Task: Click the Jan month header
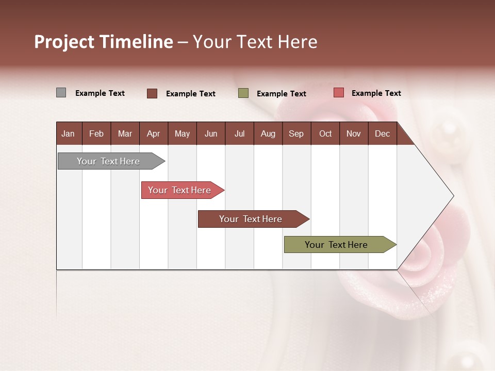(x=68, y=133)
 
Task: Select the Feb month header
(x=96, y=133)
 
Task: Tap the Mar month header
(x=125, y=133)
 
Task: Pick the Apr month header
(x=153, y=133)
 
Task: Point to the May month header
(x=182, y=133)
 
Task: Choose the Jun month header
(x=211, y=133)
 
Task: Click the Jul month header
(x=239, y=133)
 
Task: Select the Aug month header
(x=268, y=133)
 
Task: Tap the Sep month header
(x=296, y=133)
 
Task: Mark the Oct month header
(x=325, y=133)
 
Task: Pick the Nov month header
(x=354, y=133)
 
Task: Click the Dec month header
(x=383, y=133)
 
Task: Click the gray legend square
(x=61, y=93)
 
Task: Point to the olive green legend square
(x=243, y=93)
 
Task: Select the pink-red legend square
(x=338, y=93)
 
